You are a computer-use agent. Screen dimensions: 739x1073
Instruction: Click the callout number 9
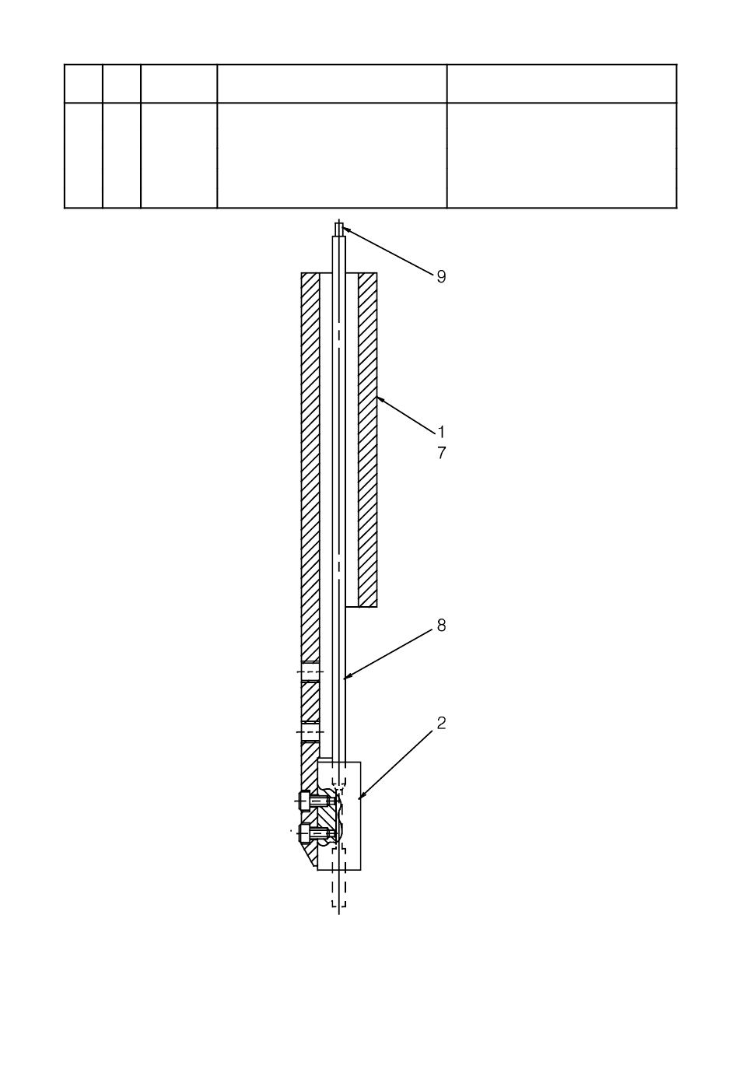[441, 276]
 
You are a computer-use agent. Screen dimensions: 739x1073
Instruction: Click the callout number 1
[441, 432]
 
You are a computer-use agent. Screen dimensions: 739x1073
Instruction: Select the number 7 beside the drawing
[442, 453]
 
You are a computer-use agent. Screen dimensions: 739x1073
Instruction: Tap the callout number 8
[441, 625]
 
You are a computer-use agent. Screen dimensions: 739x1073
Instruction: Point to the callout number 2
[441, 724]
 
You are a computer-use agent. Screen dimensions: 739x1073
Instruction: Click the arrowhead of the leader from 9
[344, 229]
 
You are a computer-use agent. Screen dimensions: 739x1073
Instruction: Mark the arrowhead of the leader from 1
[378, 398]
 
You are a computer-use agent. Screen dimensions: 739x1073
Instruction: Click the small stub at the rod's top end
[339, 230]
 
